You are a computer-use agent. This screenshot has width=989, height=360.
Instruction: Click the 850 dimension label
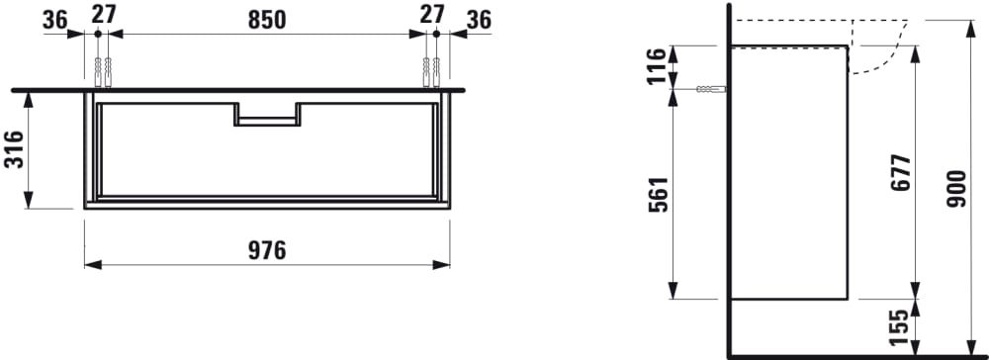[x=267, y=20]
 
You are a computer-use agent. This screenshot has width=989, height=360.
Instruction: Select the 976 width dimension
[x=266, y=250]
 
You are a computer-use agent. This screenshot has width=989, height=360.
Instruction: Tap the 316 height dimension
[x=14, y=149]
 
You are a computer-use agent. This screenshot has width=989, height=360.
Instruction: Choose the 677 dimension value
[x=902, y=173]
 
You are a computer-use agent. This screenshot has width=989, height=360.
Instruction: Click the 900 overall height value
[x=956, y=189]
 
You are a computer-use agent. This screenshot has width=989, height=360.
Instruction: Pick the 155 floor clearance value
[x=902, y=327]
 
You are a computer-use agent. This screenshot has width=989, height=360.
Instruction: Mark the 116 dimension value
[x=659, y=66]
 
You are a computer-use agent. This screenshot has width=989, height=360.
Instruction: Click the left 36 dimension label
[x=54, y=20]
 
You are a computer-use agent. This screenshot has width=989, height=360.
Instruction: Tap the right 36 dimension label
[x=479, y=20]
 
